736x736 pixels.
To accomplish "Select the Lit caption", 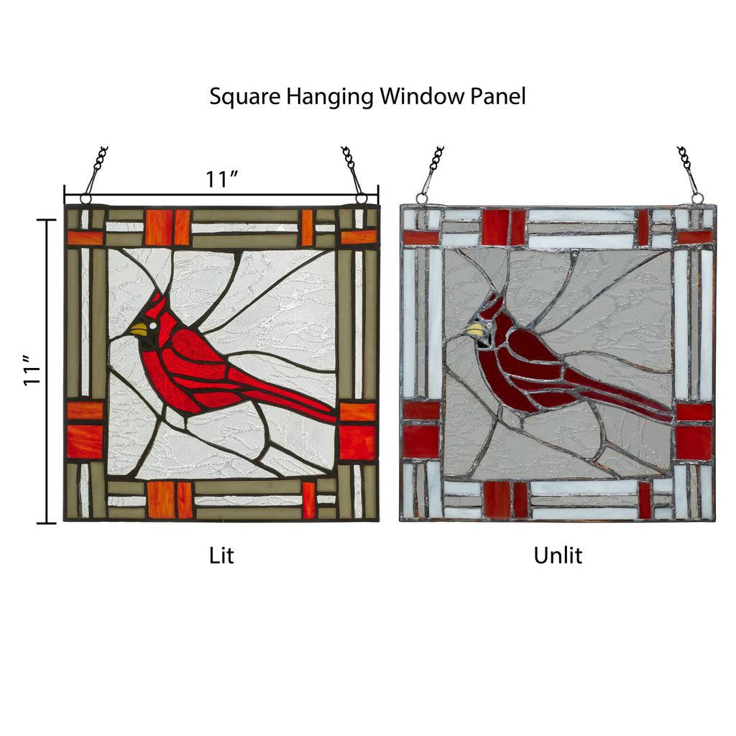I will pos(221,555).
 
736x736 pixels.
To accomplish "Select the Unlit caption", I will pos(558,555).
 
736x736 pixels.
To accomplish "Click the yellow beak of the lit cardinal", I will pos(139,330).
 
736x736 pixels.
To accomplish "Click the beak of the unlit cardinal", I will pos(474,330).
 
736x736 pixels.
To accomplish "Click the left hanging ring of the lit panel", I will pos(86,199).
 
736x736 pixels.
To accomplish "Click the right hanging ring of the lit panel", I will pos(362,198).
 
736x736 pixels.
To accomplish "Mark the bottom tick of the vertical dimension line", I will pos(47,523).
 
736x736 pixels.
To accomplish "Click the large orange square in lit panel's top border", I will pos(159,227).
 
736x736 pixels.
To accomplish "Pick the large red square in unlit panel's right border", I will pos(694,443).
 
